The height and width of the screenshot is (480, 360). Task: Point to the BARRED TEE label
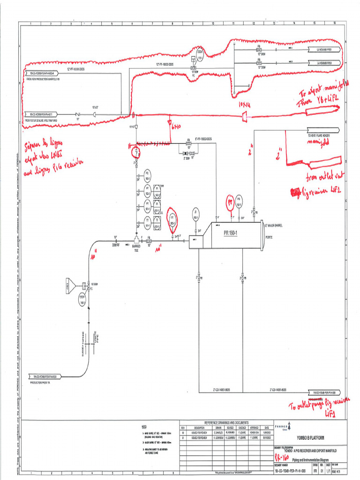click(136, 248)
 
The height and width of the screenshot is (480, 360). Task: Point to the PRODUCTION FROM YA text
click(43, 382)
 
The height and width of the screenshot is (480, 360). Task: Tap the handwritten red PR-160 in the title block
click(282, 455)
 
